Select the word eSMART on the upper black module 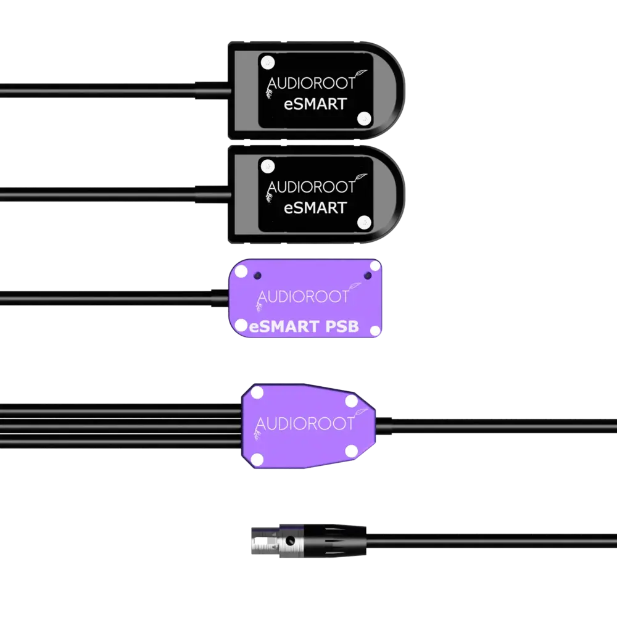coord(315,104)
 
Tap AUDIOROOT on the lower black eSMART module coord(311,186)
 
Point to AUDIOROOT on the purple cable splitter coord(305,424)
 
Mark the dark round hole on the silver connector coord(288,542)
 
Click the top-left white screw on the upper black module coord(267,62)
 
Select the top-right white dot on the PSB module coord(375,266)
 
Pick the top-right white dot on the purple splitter coord(352,401)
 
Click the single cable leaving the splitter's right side coord(494,424)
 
